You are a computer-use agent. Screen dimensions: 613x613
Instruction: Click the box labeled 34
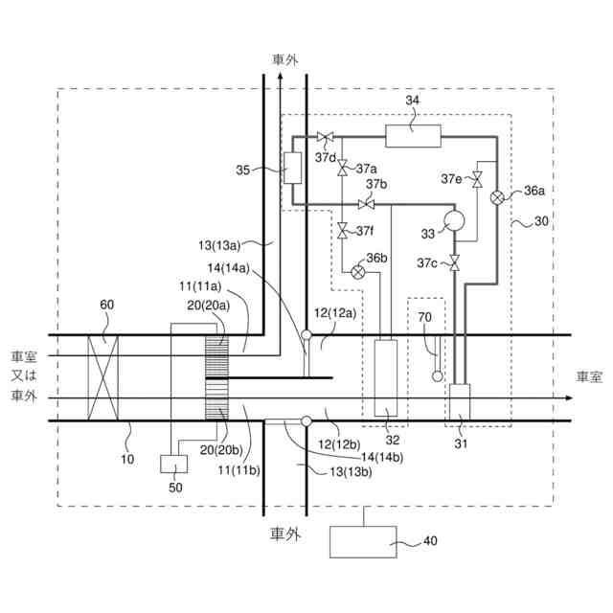point(413,136)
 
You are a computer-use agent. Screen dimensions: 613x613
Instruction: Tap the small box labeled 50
point(173,464)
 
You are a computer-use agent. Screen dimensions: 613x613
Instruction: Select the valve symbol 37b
point(365,203)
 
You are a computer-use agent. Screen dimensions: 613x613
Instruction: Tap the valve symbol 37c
point(454,261)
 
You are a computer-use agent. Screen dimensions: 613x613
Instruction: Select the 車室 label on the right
point(588,376)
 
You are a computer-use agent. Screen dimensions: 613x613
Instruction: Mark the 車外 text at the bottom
point(284,534)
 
